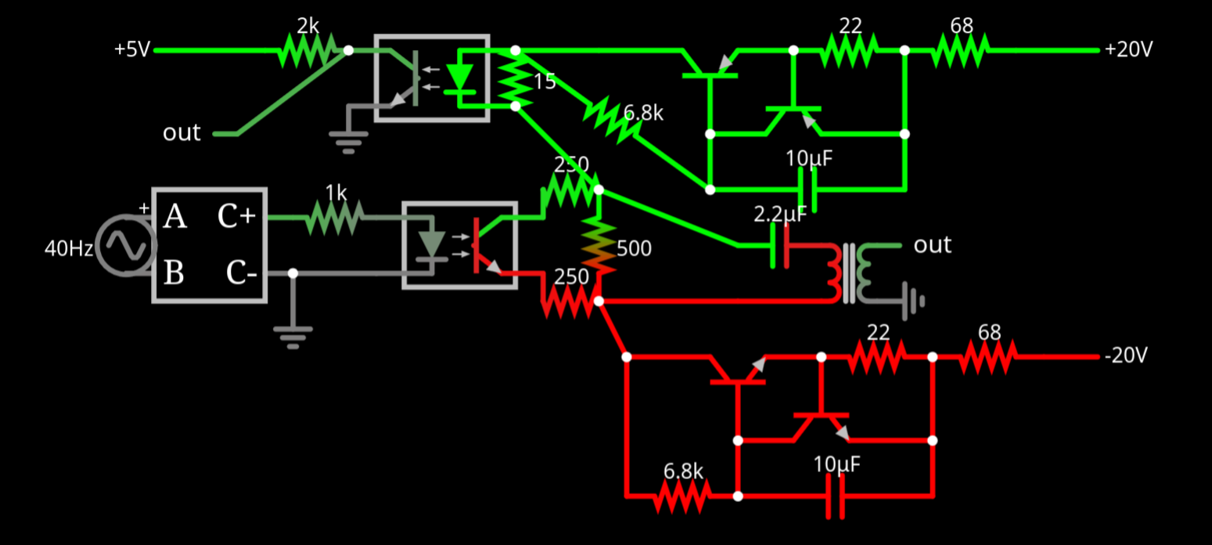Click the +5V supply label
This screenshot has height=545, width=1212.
coord(131,50)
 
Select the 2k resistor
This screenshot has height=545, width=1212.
coord(307,50)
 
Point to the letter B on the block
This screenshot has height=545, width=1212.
coord(174,274)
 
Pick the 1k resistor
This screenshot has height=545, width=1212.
coord(335,218)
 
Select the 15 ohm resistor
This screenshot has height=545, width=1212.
coord(515,78)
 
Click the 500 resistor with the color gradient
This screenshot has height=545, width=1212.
coord(599,245)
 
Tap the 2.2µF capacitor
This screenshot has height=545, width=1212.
coord(780,245)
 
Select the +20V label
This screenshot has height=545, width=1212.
coord(1128,50)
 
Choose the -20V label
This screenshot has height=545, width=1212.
coord(1126,356)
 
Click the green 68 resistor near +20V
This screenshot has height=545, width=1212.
coord(960,50)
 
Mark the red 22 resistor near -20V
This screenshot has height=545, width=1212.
coord(877,357)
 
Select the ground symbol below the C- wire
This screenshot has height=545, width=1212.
coord(292,335)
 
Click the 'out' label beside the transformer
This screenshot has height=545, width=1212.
coord(932,245)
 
